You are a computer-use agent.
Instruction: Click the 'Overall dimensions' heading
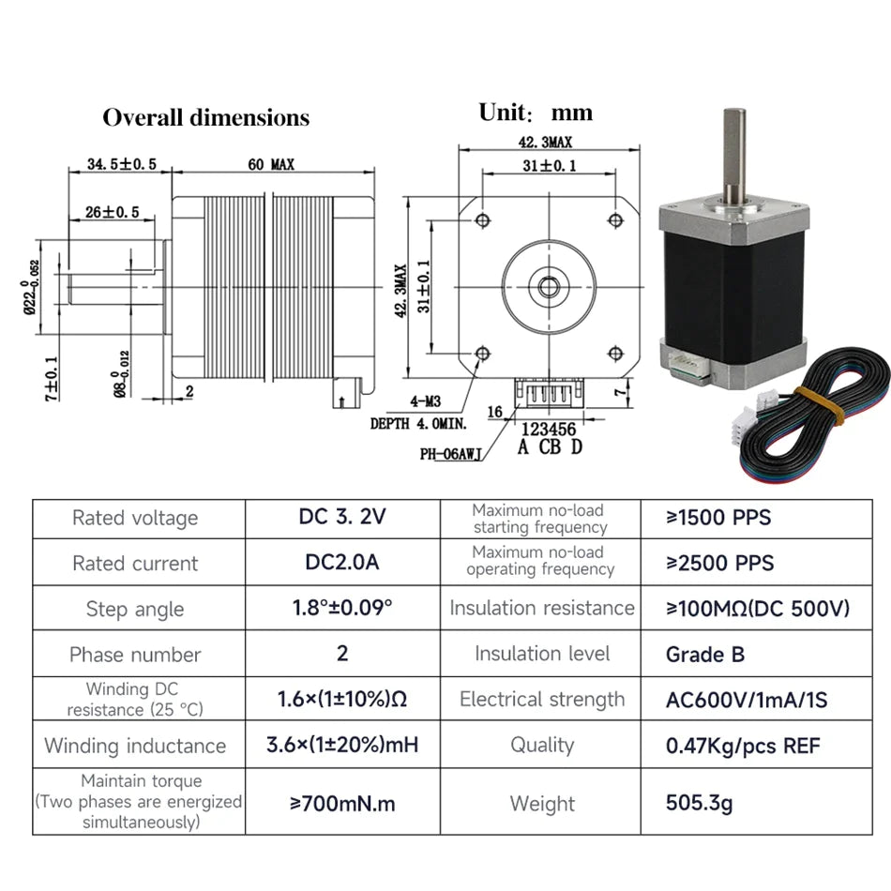pos(205,117)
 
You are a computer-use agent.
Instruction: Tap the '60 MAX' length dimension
pos(271,164)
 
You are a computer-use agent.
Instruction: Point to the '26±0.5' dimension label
pos(112,212)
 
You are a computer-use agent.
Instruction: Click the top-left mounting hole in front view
pos(483,220)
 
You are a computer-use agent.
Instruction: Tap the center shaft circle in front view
pos(549,286)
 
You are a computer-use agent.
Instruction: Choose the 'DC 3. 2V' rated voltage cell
pos(341,518)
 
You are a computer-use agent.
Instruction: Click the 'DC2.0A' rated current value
pos(341,563)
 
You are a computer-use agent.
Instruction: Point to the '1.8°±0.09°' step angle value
pos(341,608)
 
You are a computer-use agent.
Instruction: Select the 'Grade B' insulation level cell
pos(705,654)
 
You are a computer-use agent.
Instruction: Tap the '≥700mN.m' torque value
pos(341,804)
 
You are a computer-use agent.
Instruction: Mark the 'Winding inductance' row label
pos(135,747)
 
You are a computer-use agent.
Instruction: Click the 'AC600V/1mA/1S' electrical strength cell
pos(747,700)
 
